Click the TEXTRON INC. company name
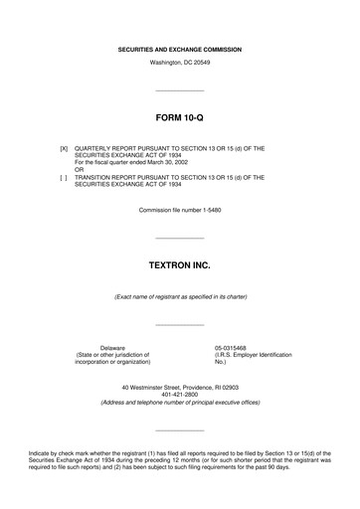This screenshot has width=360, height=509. [179, 267]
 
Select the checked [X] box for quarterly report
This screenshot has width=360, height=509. [65, 148]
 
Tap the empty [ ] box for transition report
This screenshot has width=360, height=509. [65, 177]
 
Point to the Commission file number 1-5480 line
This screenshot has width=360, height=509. [179, 211]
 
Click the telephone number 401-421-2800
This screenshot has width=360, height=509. [179, 394]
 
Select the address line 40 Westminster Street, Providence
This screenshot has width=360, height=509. [179, 386]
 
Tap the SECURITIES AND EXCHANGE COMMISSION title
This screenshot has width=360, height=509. [179, 49]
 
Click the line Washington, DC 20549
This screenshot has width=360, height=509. [179, 63]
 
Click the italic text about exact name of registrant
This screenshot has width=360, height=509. [179, 297]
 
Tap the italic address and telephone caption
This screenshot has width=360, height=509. [179, 402]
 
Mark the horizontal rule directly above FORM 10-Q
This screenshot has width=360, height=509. [179, 91]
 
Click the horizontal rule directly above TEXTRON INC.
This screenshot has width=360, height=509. [179, 238]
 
